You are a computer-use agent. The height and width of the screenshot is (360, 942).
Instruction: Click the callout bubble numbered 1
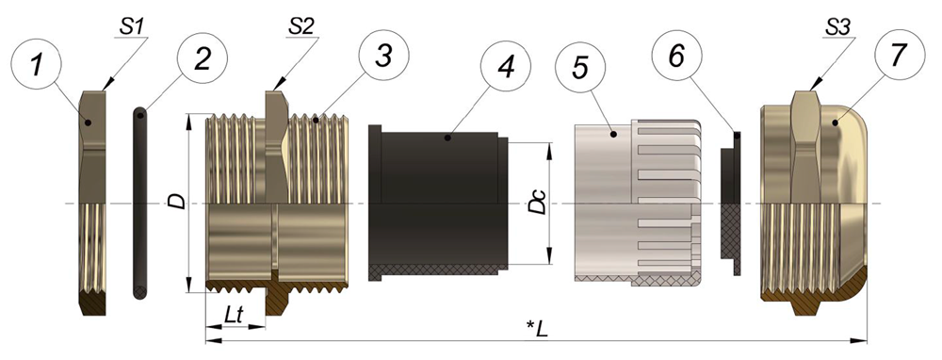pos(37,64)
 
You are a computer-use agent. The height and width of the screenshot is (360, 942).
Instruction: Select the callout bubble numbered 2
pos(203,57)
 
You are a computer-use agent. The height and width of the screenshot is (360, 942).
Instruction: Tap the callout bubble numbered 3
pos(384,55)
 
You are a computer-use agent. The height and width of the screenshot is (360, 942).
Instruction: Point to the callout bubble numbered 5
pos(581,67)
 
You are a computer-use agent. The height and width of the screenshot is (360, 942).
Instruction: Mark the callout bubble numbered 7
pos(898,54)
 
